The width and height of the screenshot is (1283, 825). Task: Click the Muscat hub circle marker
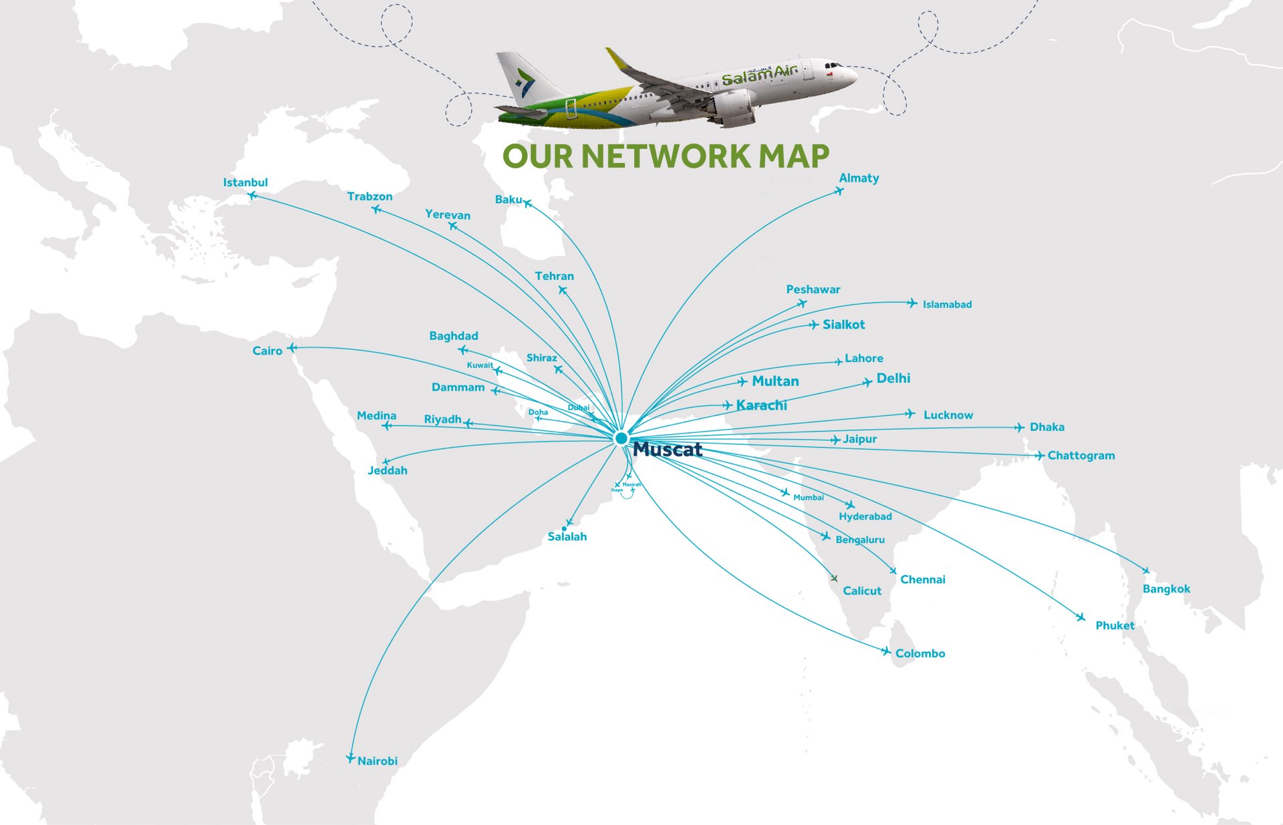pyautogui.click(x=621, y=438)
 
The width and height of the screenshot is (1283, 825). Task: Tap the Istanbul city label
pyautogui.click(x=245, y=182)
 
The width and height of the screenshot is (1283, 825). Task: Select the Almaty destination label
pyautogui.click(x=859, y=178)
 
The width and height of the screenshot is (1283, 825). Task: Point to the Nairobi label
pyautogui.click(x=378, y=761)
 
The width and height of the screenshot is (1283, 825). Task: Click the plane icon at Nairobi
pyautogui.click(x=350, y=758)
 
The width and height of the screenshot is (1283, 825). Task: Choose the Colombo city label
pyautogui.click(x=920, y=653)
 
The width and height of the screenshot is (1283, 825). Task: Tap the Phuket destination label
pyautogui.click(x=1115, y=625)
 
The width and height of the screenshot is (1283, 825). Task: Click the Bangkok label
pyautogui.click(x=1166, y=589)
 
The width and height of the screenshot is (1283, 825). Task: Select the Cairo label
pyautogui.click(x=267, y=351)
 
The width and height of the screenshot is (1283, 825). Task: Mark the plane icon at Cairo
pyautogui.click(x=292, y=347)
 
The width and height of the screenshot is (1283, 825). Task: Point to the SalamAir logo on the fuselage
pyautogui.click(x=758, y=76)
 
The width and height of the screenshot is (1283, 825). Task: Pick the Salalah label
pyautogui.click(x=567, y=536)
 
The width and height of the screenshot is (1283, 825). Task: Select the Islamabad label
pyautogui.click(x=947, y=305)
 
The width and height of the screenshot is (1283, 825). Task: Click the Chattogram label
pyautogui.click(x=1081, y=456)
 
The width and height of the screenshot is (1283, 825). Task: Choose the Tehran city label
pyautogui.click(x=554, y=276)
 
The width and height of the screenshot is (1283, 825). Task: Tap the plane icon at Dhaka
pyautogui.click(x=1019, y=427)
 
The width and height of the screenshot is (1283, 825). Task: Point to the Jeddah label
pyautogui.click(x=387, y=470)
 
